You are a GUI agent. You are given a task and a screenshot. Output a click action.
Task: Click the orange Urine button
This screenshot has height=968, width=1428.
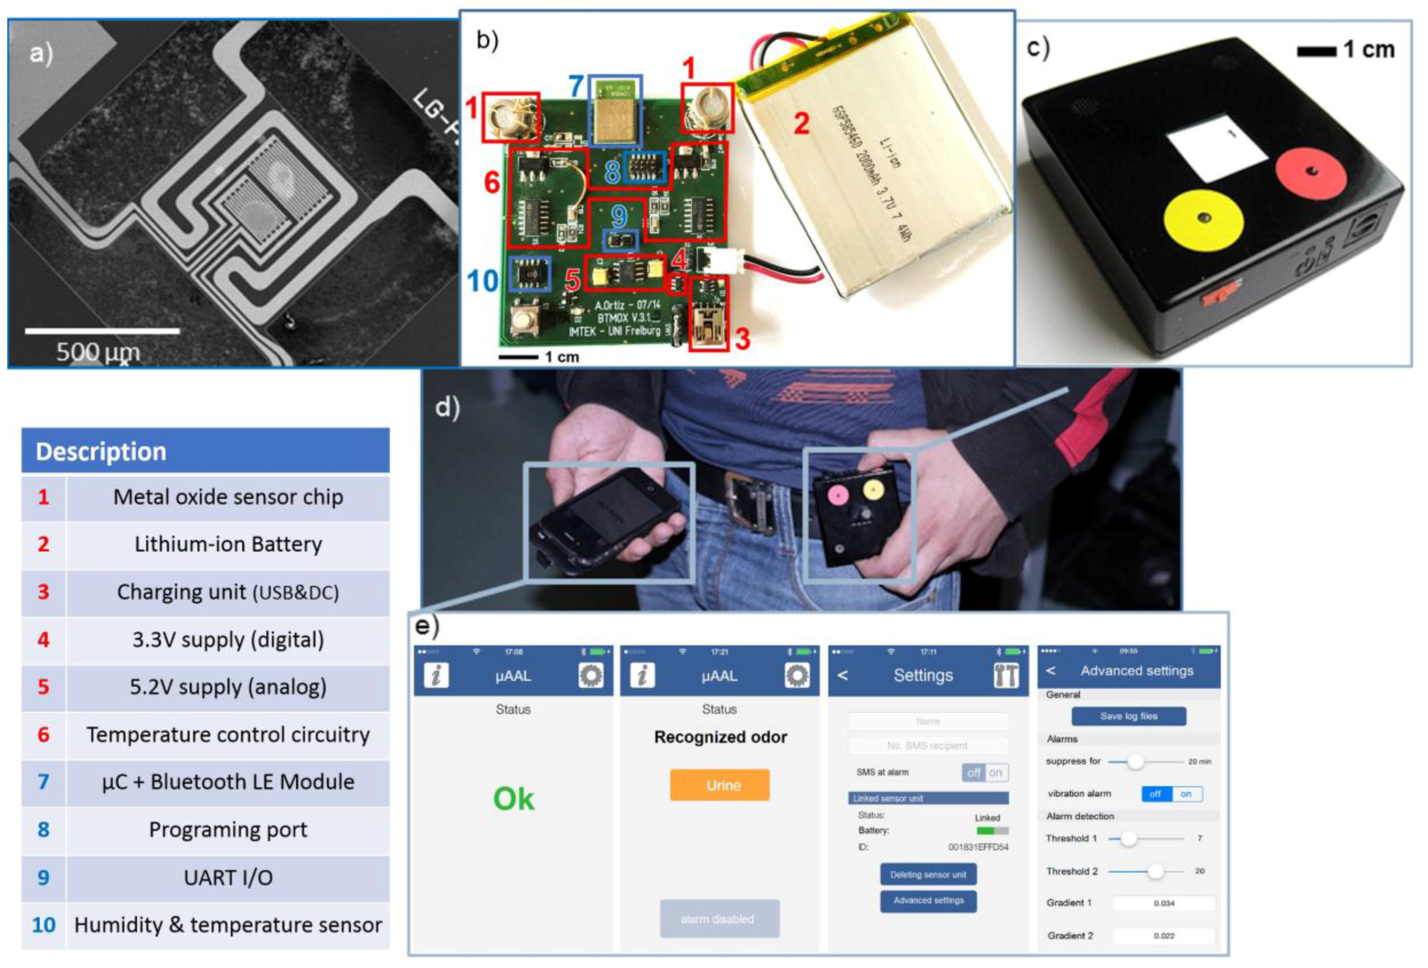click(x=719, y=785)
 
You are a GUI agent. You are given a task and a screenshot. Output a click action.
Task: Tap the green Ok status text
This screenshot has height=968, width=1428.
click(x=513, y=799)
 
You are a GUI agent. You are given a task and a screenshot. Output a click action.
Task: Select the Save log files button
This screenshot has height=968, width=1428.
click(x=1128, y=716)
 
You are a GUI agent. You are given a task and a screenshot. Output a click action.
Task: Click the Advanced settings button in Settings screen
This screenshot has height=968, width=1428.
click(x=928, y=900)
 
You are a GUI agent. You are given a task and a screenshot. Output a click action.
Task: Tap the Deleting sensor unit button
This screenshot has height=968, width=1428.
click(x=928, y=874)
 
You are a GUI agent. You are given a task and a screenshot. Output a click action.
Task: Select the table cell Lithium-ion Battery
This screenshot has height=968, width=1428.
click(x=227, y=544)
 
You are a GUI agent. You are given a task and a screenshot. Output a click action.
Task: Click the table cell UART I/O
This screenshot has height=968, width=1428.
click(x=227, y=878)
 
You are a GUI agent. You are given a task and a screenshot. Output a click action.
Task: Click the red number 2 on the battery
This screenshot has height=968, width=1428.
click(x=801, y=124)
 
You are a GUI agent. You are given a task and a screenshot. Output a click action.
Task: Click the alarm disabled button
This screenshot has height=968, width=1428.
click(x=719, y=919)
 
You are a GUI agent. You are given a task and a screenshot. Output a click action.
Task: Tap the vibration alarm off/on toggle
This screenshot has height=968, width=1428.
click(x=1171, y=794)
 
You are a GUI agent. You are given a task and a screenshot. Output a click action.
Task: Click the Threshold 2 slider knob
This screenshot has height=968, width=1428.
click(x=1155, y=871)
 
